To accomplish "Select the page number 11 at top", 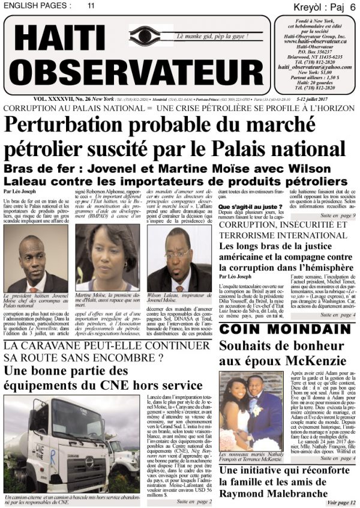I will point(91,5).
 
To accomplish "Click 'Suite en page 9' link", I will point(338,215).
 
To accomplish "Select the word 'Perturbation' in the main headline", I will point(84,124).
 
